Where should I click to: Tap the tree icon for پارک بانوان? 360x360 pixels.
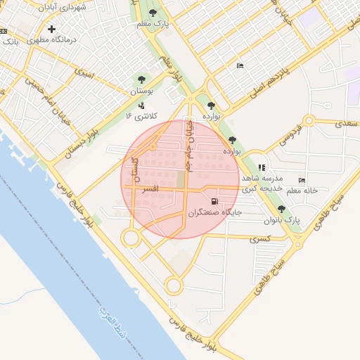[282, 210]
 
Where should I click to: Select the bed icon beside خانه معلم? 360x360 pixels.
[302, 180]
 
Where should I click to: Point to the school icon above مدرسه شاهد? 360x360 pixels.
[262, 167]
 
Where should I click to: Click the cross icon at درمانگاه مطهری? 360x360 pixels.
[51, 30]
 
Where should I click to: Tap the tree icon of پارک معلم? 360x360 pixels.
[153, 13]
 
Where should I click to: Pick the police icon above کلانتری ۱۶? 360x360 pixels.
[141, 105]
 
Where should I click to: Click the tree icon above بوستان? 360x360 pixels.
[141, 79]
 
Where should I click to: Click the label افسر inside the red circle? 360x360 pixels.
[150, 189]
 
